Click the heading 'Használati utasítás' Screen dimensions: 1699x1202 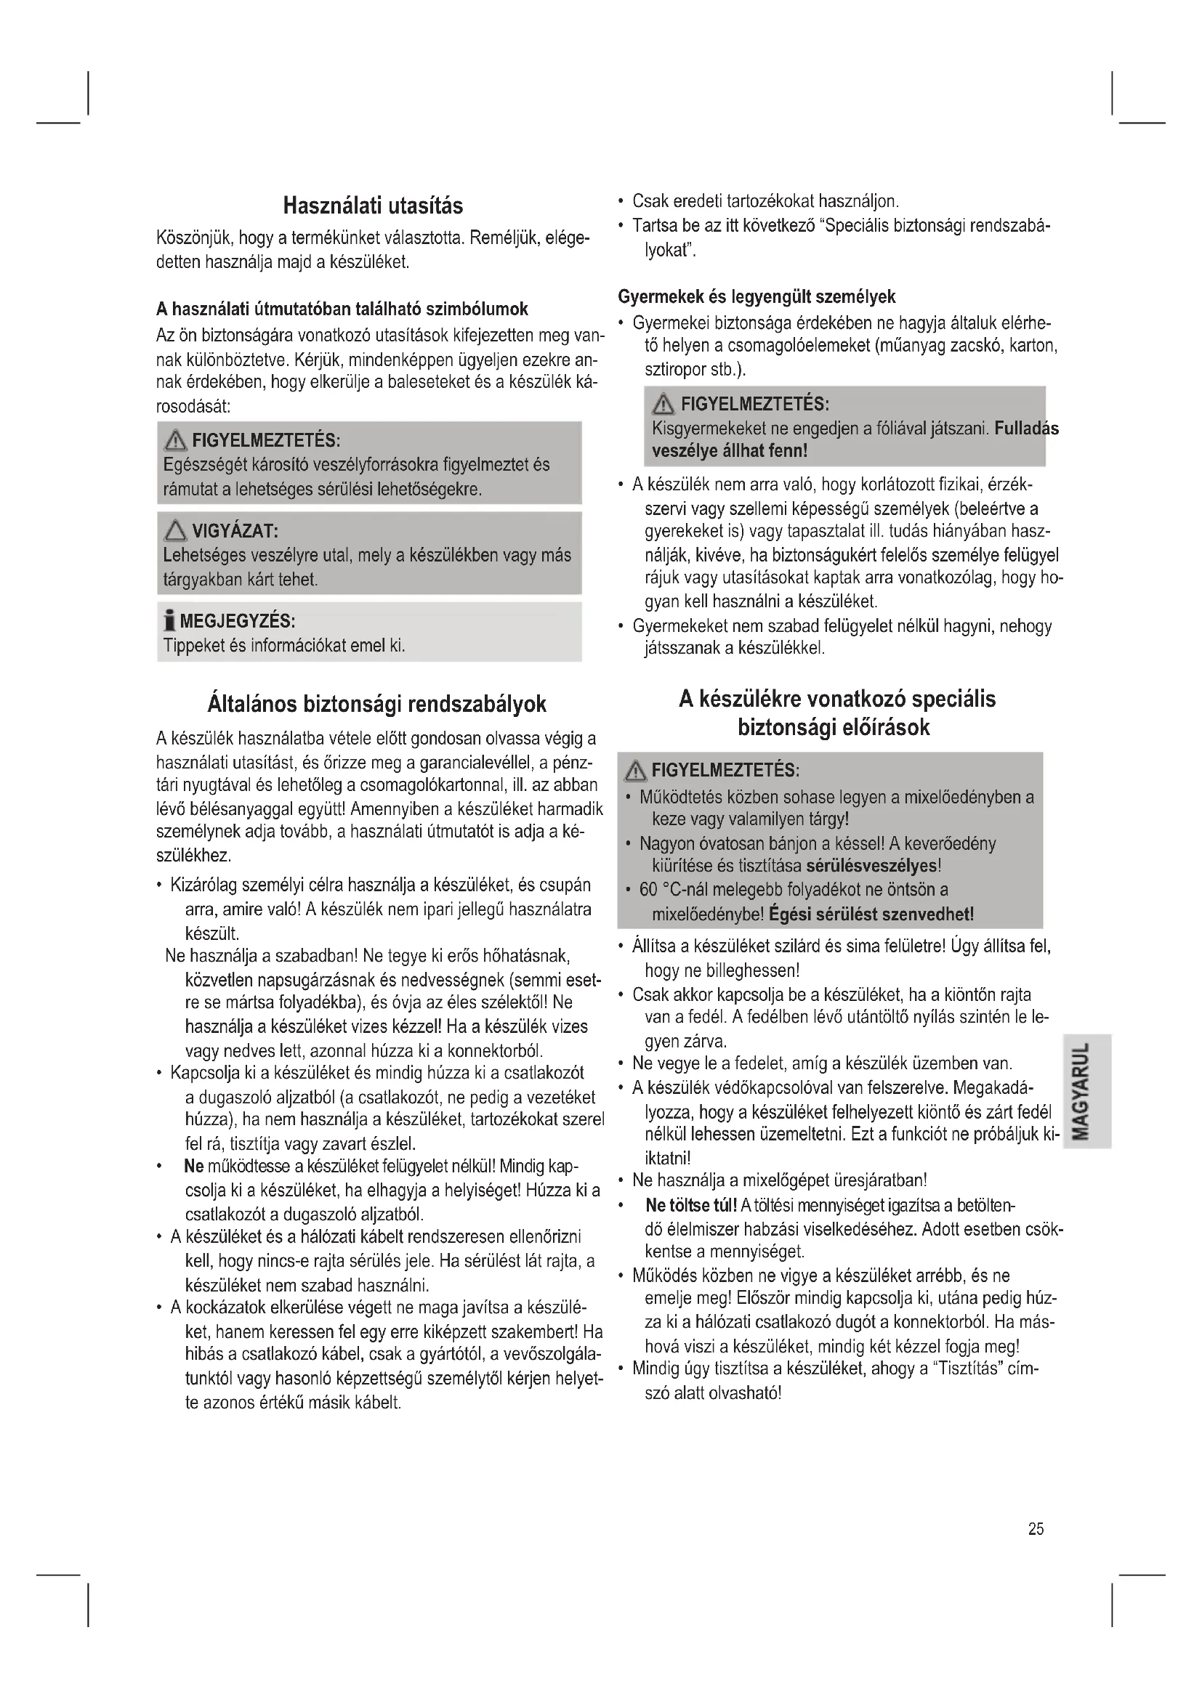pyautogui.click(x=373, y=206)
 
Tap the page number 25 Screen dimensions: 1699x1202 pyautogui.click(x=1036, y=1529)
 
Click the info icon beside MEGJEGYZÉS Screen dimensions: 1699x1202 pyautogui.click(x=169, y=620)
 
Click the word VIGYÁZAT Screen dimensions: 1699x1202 pyautogui.click(x=234, y=531)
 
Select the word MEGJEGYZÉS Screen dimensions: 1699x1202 pyautogui.click(x=238, y=620)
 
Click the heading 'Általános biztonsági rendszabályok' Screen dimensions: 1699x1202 pyautogui.click(x=376, y=704)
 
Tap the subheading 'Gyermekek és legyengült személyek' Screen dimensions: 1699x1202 pyautogui.click(x=757, y=297)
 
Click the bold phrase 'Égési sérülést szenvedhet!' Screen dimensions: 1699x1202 pyautogui.click(x=871, y=914)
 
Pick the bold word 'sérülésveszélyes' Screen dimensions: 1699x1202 pyautogui.click(x=871, y=866)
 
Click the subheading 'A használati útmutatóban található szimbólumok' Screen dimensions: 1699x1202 pyautogui.click(x=342, y=309)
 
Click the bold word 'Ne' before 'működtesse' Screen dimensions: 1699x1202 pyautogui.click(x=193, y=1167)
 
